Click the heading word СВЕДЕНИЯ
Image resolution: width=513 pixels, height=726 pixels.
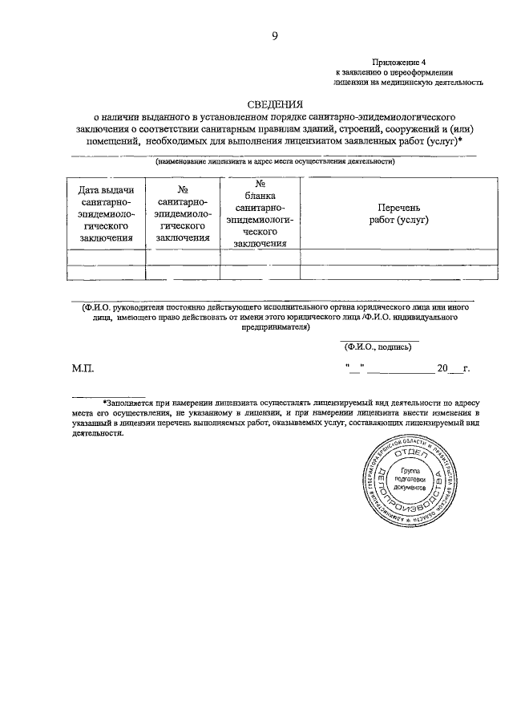(274, 104)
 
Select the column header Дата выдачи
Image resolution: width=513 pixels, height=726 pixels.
(105, 190)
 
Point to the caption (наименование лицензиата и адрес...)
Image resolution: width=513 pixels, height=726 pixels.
(274, 161)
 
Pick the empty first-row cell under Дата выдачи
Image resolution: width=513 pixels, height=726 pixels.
(105, 258)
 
